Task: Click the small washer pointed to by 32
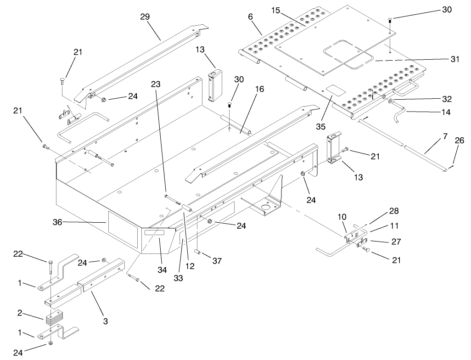pyautogui.click(x=390, y=101)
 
